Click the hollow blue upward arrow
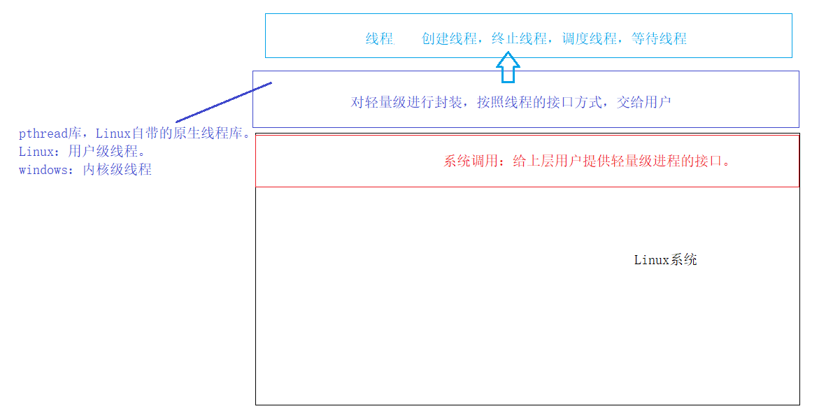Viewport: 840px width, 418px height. (x=508, y=70)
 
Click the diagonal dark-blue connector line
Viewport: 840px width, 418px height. (x=224, y=102)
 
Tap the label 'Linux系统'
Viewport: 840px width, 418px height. (x=665, y=260)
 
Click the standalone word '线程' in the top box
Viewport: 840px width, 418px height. (x=380, y=39)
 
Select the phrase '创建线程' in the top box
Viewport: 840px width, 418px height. (x=449, y=39)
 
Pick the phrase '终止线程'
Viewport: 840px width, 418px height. (x=519, y=39)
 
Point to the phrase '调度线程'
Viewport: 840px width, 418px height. (x=589, y=39)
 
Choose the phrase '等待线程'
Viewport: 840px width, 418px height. (x=659, y=39)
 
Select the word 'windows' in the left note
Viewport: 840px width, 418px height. (x=43, y=170)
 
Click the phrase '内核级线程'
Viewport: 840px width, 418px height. (x=117, y=170)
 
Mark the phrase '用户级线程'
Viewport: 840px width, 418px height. (x=99, y=152)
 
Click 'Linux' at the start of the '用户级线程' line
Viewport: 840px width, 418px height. (x=36, y=152)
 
